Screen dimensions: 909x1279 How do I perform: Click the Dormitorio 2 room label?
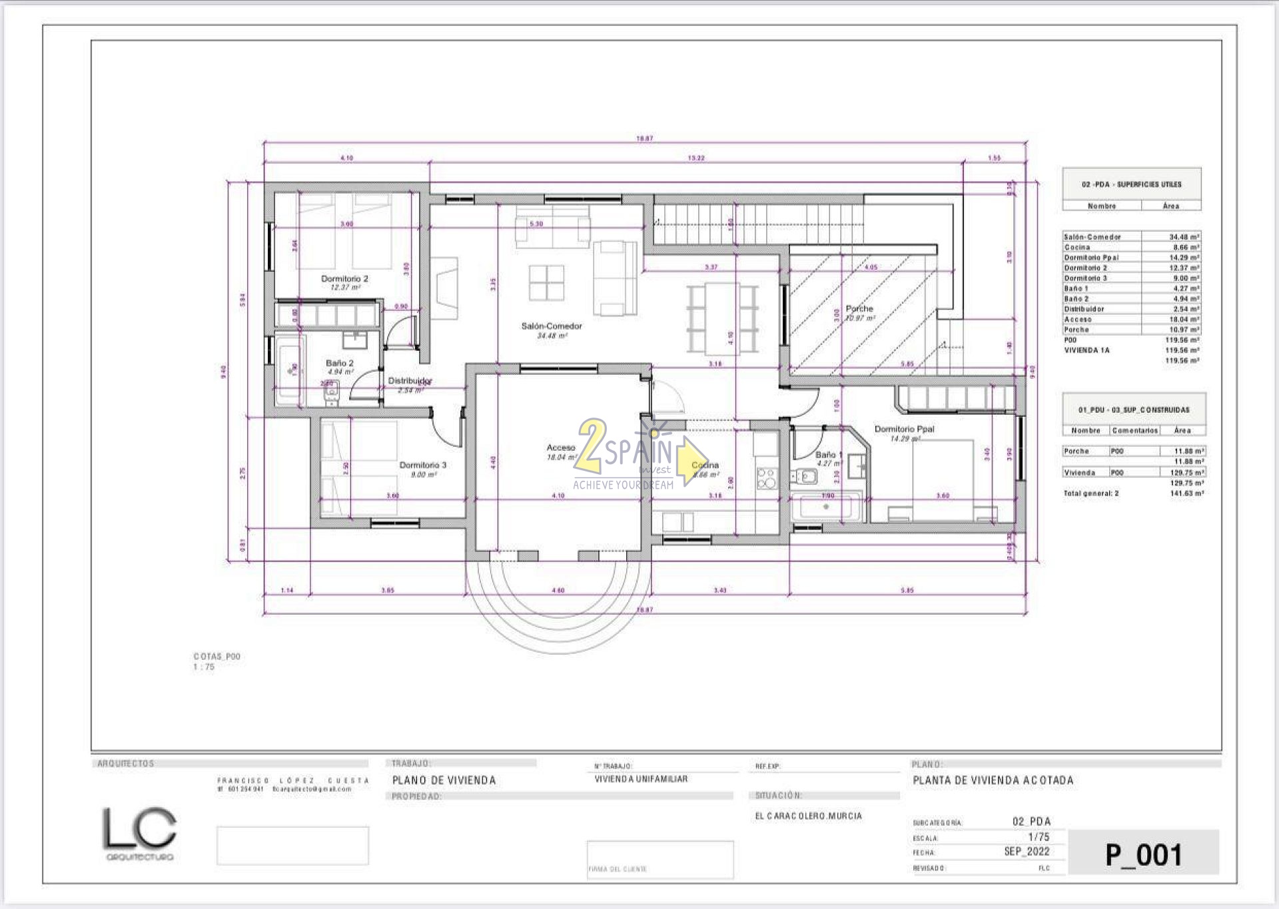click(344, 279)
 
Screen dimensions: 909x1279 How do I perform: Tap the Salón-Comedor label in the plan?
click(552, 326)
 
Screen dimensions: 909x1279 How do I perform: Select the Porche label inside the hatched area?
click(859, 309)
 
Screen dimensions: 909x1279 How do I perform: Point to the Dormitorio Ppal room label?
click(904, 430)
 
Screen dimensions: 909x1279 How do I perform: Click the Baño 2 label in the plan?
click(340, 364)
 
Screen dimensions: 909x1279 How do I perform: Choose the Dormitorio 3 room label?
click(422, 465)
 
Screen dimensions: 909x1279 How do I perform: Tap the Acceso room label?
click(560, 448)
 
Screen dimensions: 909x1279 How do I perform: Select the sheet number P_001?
click(1143, 855)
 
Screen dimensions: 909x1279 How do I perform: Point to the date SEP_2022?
click(1027, 852)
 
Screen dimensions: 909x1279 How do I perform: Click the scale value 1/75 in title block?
click(1039, 837)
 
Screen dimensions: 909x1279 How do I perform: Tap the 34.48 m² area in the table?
click(1184, 237)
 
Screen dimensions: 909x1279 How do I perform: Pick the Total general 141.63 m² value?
click(1186, 494)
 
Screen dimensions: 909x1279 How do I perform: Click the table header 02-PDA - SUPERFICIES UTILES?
click(1131, 184)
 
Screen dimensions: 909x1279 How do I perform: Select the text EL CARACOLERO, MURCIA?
click(808, 816)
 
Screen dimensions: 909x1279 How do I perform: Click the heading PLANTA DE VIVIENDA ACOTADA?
click(993, 780)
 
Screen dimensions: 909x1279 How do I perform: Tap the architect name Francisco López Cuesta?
click(292, 780)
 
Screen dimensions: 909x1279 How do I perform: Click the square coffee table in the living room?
click(547, 283)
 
